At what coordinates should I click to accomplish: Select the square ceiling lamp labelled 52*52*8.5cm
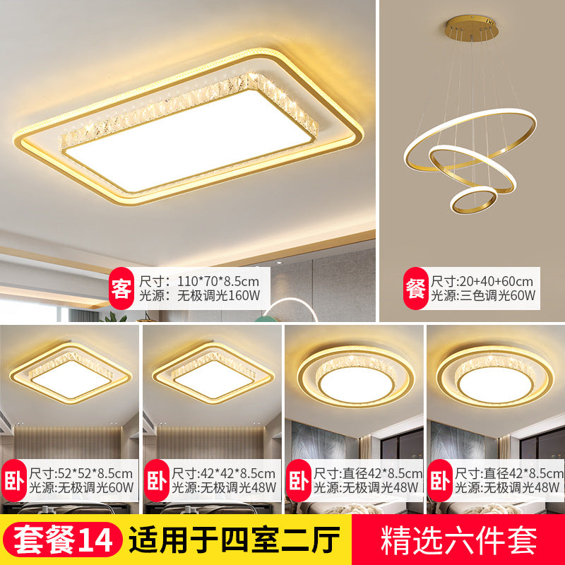coord(69,371)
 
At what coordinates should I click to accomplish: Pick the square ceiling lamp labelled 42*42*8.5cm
coord(210,371)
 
